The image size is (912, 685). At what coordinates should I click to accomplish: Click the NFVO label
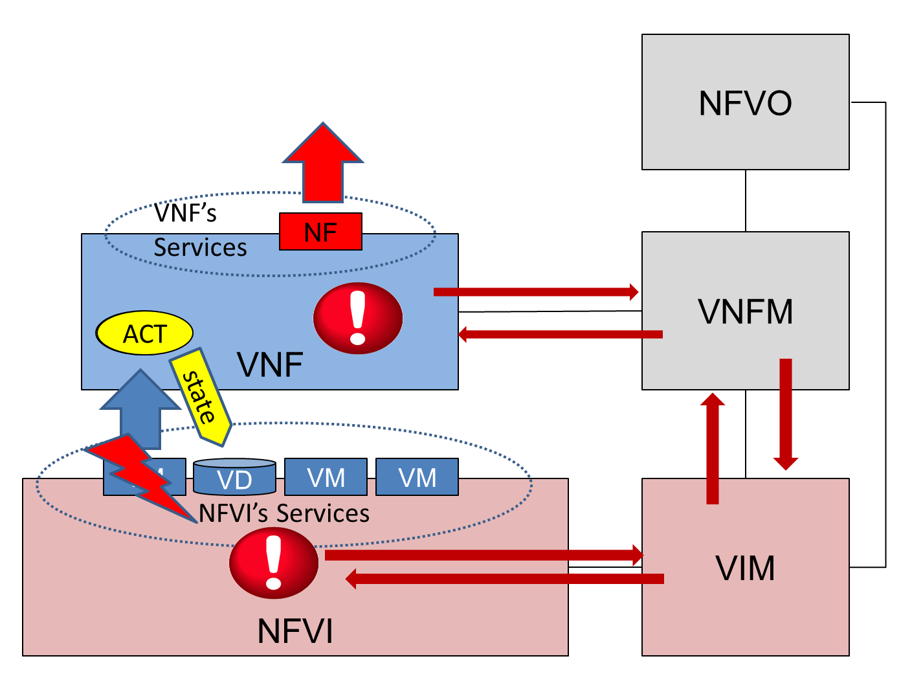point(745,103)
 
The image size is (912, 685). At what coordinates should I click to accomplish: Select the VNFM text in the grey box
point(745,311)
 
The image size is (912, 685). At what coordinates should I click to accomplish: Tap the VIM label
point(745,568)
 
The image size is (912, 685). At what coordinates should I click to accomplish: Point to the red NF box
point(320,232)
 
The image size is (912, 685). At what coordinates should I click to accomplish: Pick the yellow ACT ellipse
point(144,333)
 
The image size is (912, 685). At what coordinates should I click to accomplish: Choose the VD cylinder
point(234,477)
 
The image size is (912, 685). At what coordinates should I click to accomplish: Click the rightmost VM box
point(417,477)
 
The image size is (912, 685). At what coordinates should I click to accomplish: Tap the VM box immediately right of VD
point(326,477)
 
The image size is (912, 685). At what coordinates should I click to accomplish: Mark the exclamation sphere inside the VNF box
point(358,318)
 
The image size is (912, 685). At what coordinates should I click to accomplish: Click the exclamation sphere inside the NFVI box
point(274,562)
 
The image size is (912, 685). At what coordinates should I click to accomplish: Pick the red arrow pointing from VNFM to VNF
point(560,334)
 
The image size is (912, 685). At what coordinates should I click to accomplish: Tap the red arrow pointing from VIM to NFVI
point(505,578)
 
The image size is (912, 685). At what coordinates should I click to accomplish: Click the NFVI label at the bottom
point(295,631)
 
